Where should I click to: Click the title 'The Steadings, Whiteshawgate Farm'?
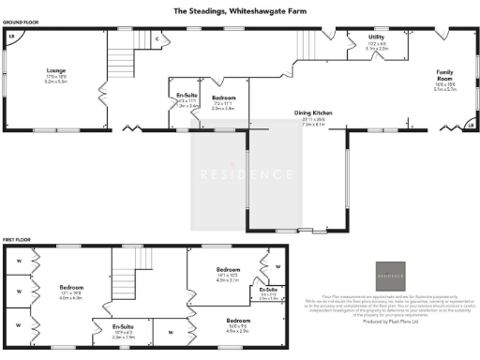click(239, 13)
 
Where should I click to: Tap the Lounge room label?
click(56, 70)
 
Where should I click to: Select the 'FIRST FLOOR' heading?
click(16, 241)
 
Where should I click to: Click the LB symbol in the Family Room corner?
click(469, 123)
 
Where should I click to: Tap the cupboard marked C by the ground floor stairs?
click(157, 38)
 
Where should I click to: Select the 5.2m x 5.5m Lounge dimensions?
click(56, 82)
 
